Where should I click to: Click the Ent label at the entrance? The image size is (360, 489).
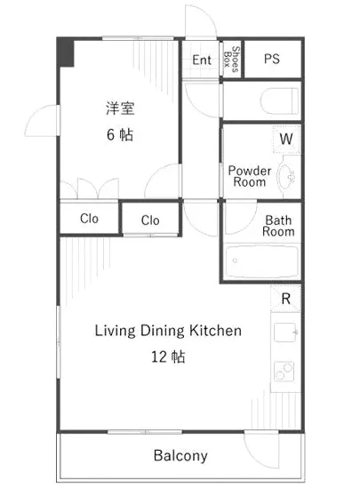click(x=202, y=60)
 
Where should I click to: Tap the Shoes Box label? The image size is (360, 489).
click(x=234, y=59)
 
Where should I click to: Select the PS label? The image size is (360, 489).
click(x=272, y=60)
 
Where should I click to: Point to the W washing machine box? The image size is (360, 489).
click(x=286, y=140)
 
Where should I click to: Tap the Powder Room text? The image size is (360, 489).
click(x=250, y=175)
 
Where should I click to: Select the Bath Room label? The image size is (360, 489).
click(x=277, y=225)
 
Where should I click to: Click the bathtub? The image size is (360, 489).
click(x=261, y=262)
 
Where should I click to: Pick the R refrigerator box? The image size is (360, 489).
click(x=286, y=299)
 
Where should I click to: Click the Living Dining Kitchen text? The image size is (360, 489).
click(x=168, y=331)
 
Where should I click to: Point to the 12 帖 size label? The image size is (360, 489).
click(x=167, y=357)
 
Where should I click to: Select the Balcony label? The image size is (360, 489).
click(x=180, y=456)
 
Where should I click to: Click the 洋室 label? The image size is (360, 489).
click(x=120, y=109)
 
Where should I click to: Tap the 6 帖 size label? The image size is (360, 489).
click(x=120, y=135)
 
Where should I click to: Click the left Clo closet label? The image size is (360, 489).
click(x=89, y=219)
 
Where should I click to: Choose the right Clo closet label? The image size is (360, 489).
click(x=149, y=220)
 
